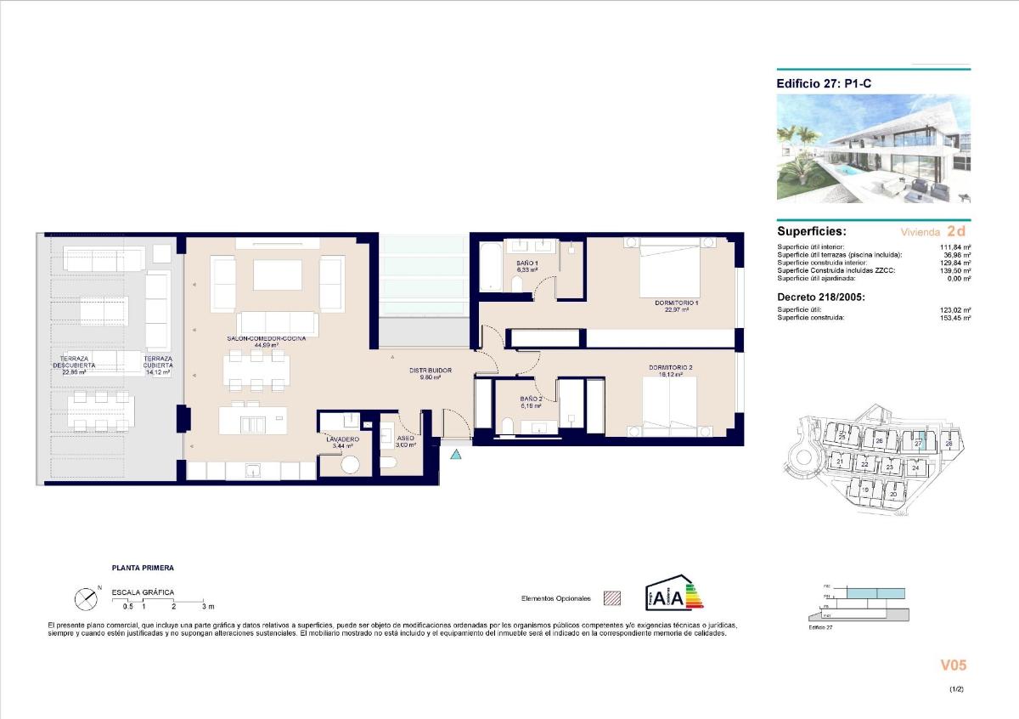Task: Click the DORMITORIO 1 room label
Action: tap(676, 303)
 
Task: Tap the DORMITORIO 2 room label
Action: tap(671, 368)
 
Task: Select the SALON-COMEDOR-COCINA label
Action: tap(266, 338)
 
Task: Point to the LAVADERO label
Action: tap(342, 439)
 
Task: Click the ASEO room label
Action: tap(405, 439)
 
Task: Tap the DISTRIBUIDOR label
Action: tap(430, 371)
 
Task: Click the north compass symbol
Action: tap(87, 599)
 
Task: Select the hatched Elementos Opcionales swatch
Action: tap(611, 597)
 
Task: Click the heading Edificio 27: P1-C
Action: tap(823, 83)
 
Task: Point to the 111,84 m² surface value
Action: tap(955, 247)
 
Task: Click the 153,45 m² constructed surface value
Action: tap(955, 317)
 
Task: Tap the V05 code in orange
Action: tap(954, 665)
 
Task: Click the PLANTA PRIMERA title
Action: tap(143, 567)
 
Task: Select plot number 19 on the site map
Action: tap(865, 490)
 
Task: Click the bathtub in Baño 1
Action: tap(489, 267)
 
